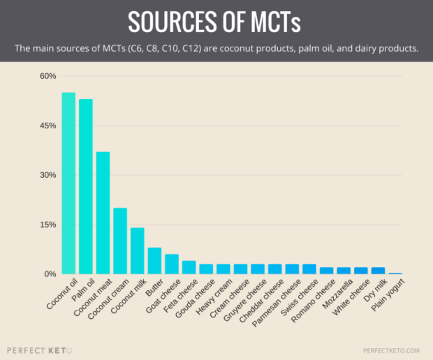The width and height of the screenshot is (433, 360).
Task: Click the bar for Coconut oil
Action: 68,183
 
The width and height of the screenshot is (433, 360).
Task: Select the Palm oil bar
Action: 86,186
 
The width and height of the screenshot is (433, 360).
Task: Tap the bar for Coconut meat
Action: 103,213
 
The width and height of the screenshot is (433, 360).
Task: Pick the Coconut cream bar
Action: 120,241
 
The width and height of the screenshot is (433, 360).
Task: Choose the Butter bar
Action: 154,261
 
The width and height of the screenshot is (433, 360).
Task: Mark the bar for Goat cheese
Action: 172,264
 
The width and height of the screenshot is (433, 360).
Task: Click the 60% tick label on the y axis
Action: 47,76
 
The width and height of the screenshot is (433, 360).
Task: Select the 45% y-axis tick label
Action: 47,126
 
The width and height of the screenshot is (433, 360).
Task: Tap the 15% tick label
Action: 47,225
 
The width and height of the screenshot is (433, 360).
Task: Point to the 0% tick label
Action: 50,274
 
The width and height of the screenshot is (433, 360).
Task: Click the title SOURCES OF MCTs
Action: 216,22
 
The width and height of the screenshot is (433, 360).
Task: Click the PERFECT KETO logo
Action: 39,349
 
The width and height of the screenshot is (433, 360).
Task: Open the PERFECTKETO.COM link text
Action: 391,350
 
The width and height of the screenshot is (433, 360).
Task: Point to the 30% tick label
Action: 47,175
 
